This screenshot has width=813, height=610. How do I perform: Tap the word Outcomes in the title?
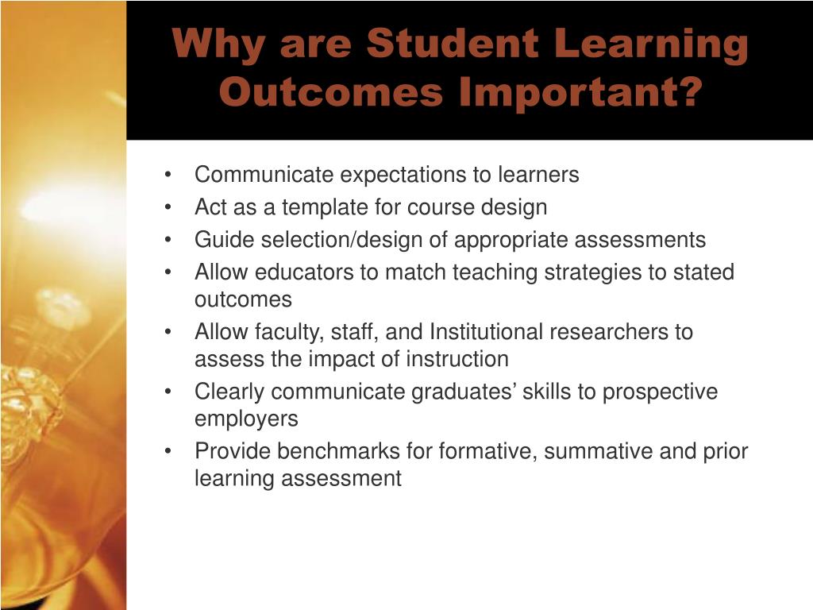point(331,92)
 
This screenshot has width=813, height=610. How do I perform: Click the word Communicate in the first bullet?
point(264,174)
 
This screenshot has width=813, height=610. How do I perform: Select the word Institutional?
point(486,332)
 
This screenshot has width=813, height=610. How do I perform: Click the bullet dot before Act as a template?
point(168,207)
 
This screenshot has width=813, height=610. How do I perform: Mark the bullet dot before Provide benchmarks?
point(168,451)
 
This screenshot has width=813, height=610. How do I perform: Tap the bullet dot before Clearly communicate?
point(168,392)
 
